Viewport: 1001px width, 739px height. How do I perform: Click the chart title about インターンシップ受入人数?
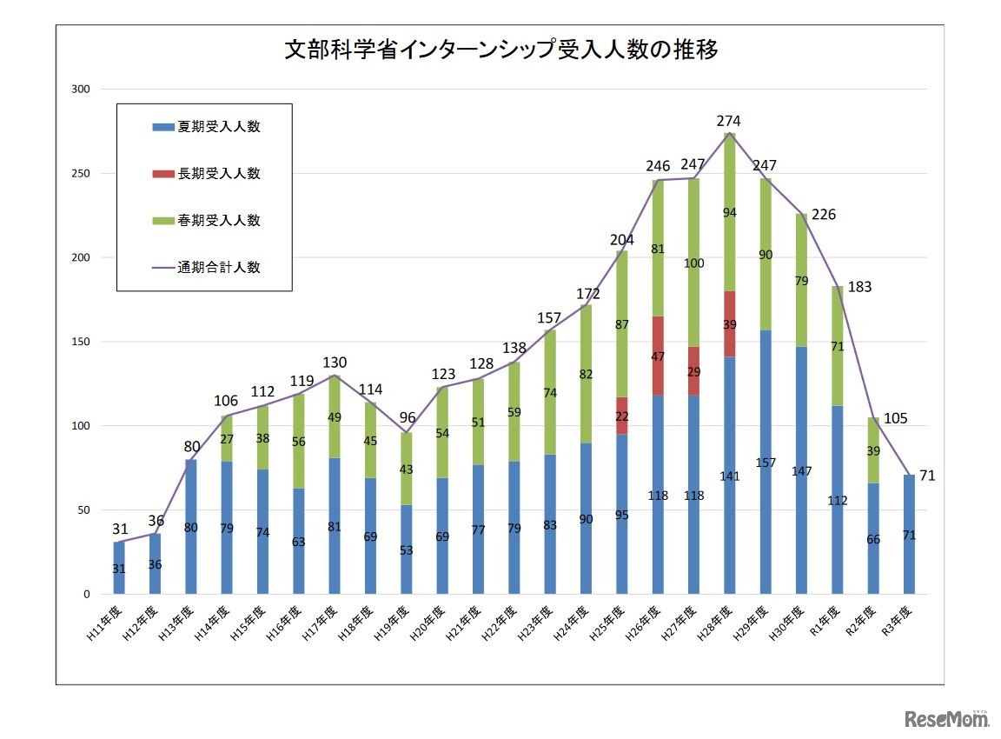click(x=501, y=50)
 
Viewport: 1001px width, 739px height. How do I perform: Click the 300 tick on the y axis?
click(x=80, y=90)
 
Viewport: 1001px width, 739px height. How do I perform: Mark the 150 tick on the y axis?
click(x=80, y=342)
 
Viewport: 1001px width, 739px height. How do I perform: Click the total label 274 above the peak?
click(x=728, y=121)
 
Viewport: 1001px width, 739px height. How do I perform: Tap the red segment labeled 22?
click(x=622, y=416)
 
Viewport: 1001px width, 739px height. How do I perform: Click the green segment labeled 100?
click(x=693, y=263)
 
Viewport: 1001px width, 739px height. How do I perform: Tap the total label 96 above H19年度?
click(x=408, y=416)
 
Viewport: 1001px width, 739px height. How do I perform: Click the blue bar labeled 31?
click(x=119, y=568)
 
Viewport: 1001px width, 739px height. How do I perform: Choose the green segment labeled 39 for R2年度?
click(x=873, y=450)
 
